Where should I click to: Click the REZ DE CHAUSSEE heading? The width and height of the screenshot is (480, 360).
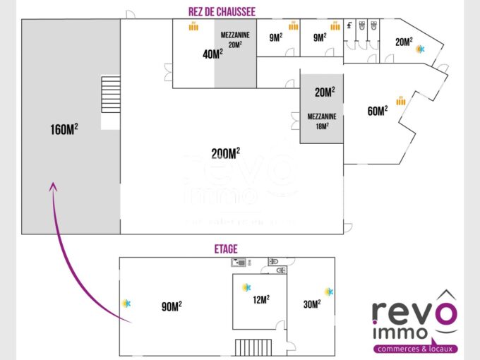tap(222, 11)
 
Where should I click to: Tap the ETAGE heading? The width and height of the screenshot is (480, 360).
tap(225, 249)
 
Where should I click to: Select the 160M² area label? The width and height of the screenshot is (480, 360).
tap(64, 130)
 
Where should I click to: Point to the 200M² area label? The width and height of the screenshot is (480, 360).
tap(225, 153)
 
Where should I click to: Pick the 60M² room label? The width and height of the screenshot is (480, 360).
tap(377, 111)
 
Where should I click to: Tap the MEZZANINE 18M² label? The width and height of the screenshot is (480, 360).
tap(321, 121)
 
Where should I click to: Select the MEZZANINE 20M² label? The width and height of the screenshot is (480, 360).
tap(235, 39)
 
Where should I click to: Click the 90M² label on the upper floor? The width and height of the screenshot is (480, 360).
tap(172, 306)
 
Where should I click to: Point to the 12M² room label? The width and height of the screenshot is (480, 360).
tap(260, 299)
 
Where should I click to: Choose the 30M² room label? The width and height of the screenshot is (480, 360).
tap(311, 304)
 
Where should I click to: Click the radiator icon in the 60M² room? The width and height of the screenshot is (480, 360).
tap(400, 101)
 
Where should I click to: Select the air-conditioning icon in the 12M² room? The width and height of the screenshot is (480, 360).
tap(246, 287)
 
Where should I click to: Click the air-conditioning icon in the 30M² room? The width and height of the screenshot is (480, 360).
tap(328, 292)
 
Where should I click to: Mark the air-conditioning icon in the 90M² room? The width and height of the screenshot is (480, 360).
tap(126, 303)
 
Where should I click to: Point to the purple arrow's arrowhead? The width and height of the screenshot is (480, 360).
tap(52, 186)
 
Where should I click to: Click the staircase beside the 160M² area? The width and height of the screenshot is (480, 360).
tap(111, 95)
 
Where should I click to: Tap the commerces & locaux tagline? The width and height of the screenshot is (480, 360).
tap(415, 349)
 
